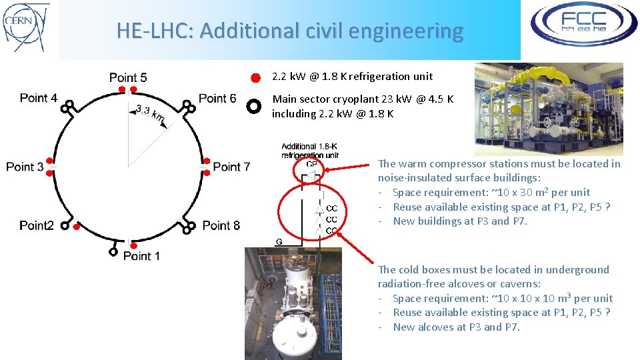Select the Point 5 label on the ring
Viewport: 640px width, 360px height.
[x=128, y=78]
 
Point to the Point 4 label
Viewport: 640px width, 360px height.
[x=39, y=98]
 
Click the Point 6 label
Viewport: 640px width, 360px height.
[x=217, y=99]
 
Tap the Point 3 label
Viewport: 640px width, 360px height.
[x=25, y=166]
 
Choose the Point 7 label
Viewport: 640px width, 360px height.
[x=231, y=166]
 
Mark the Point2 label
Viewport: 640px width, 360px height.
[x=37, y=225]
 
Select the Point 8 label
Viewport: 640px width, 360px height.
[x=221, y=225]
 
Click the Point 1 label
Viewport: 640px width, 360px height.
[x=141, y=255]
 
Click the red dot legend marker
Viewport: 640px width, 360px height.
[x=255, y=78]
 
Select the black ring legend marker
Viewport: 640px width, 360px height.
[x=253, y=106]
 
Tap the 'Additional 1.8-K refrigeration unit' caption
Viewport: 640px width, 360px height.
[x=310, y=151]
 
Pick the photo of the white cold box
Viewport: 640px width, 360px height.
[x=293, y=303]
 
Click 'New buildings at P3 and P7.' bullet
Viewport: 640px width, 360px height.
[x=460, y=221]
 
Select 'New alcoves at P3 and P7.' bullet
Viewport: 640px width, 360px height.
[x=456, y=327]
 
